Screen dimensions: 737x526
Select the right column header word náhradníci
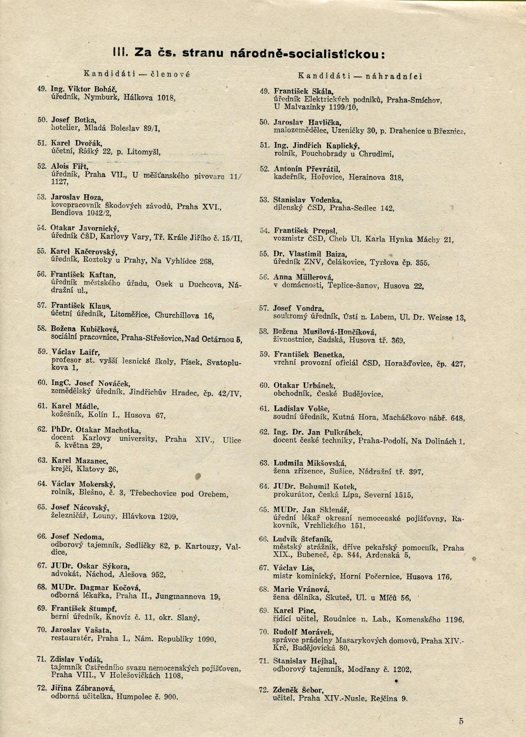pyautogui.click(x=394, y=76)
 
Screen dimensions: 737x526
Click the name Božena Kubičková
pyautogui.click(x=85, y=329)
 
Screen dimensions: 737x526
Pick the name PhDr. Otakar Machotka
pyautogui.click(x=96, y=430)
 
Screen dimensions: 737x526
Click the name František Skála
pyautogui.click(x=304, y=91)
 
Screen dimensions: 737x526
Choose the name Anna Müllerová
pyautogui.click(x=303, y=277)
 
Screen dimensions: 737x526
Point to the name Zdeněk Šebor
pyautogui.click(x=298, y=690)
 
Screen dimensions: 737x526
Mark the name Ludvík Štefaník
pyautogui.click(x=303, y=539)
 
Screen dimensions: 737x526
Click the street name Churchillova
pyautogui.click(x=177, y=315)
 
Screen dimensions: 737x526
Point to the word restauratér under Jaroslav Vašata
pyautogui.click(x=72, y=638)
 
